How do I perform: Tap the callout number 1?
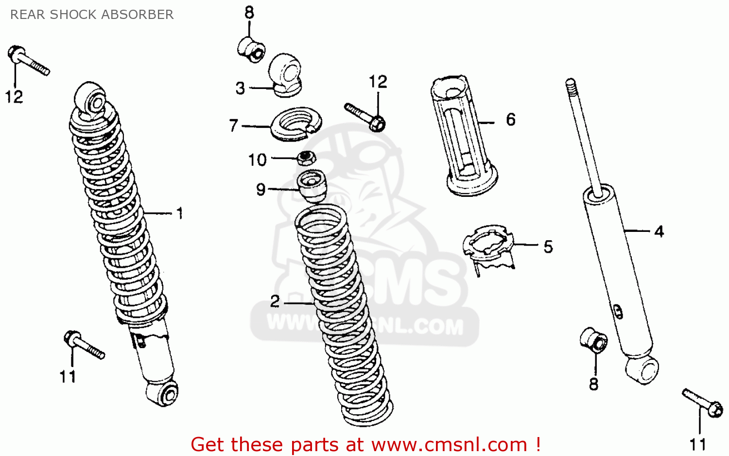coord(180,213)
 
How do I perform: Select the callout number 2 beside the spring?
coord(275,302)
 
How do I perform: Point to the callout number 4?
coord(659,231)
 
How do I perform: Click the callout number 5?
coord(548,247)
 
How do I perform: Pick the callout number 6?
coord(511,120)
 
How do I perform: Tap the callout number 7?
coord(234,126)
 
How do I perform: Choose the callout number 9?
coord(261,189)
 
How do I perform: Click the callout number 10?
coord(258,159)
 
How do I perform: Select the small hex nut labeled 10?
coord(307,158)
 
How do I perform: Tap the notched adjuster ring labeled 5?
coord(488,245)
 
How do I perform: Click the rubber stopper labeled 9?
coord(312,185)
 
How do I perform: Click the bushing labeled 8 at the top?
coord(251,48)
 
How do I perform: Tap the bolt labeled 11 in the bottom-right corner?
coord(703,403)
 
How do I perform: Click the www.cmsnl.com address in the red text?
coord(450,444)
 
